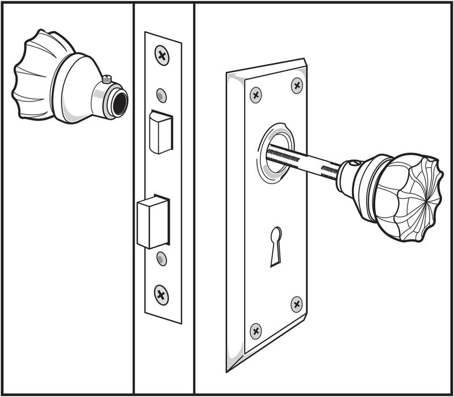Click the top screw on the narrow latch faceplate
point(162,55)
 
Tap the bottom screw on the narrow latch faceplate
point(162,294)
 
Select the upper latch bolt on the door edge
point(161,132)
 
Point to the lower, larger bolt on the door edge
point(153,222)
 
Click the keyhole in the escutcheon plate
point(276,244)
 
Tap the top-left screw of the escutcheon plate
point(256,95)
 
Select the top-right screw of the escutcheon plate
point(297,85)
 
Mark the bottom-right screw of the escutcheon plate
point(297,304)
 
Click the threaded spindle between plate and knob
point(304,162)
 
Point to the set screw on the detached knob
point(106,79)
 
